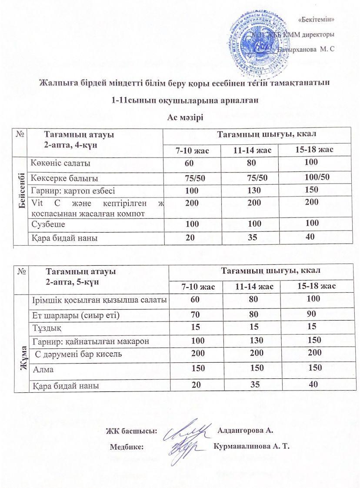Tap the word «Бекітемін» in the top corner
(x=317, y=19)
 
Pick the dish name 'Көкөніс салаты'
(x=61, y=164)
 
